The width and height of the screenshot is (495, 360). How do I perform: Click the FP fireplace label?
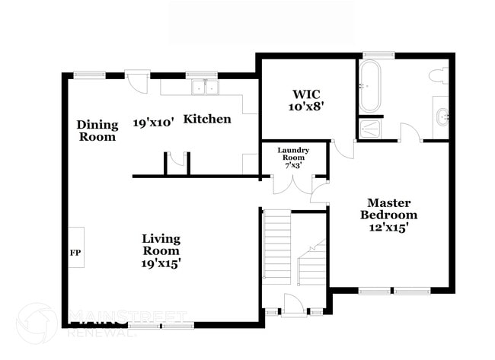75,253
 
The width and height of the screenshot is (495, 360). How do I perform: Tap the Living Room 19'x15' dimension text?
161,263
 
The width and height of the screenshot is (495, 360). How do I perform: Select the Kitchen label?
207,119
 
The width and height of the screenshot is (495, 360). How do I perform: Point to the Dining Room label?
97,131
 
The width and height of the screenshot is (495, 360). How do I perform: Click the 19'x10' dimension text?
153,123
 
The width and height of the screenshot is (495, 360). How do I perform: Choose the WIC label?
306,94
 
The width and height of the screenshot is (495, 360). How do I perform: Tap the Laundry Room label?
293,154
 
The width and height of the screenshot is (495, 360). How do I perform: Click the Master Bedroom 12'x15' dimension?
389,227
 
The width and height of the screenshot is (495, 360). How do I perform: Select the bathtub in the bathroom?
370,86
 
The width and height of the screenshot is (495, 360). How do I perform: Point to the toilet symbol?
439,75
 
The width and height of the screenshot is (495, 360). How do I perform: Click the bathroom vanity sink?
442,117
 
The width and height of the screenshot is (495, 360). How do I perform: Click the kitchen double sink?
205,87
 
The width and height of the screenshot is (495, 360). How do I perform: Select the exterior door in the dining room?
136,81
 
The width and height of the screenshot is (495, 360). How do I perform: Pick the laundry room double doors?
293,185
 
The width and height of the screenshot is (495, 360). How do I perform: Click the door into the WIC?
343,148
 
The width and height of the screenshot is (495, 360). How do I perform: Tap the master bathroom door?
411,132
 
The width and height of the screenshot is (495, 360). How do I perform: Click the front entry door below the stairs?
294,304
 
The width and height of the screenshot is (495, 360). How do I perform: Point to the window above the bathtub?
378,56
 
